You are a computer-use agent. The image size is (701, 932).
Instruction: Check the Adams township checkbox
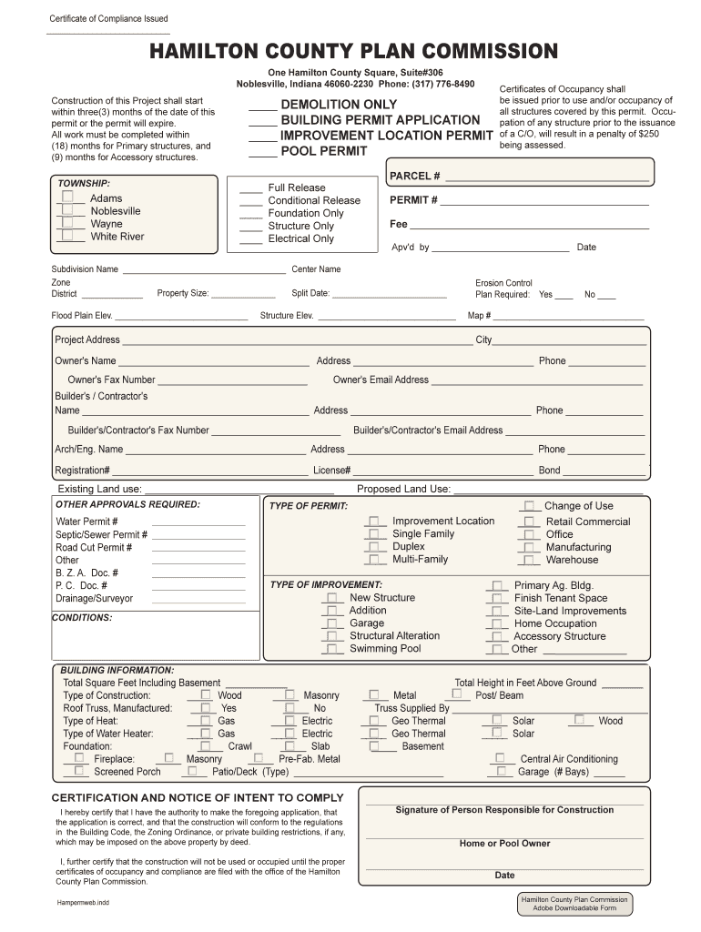[x=68, y=197]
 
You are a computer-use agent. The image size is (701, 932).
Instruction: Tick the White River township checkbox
[x=68, y=235]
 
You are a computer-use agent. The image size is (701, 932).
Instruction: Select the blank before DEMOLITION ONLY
[x=262, y=106]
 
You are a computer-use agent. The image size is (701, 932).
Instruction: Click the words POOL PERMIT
[x=323, y=151]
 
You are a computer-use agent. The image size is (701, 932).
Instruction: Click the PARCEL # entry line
[x=547, y=176]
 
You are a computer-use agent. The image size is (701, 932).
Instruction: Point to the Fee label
[x=398, y=224]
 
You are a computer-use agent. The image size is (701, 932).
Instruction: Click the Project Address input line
[x=297, y=340]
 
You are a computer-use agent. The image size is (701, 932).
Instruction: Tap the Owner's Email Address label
[x=381, y=380]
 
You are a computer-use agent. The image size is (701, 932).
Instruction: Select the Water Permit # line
[x=198, y=522]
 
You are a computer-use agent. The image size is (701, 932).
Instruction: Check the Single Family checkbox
[x=374, y=533]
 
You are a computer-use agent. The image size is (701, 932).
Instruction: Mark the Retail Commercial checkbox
[x=529, y=522]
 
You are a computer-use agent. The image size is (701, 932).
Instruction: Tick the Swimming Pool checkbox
[x=332, y=648]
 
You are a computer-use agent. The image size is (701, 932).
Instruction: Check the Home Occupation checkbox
[x=496, y=623]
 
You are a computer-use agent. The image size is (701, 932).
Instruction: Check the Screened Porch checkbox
[x=79, y=770]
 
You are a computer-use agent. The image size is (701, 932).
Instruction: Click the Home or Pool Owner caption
[x=504, y=843]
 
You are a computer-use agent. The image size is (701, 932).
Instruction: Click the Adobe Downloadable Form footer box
[x=574, y=903]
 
